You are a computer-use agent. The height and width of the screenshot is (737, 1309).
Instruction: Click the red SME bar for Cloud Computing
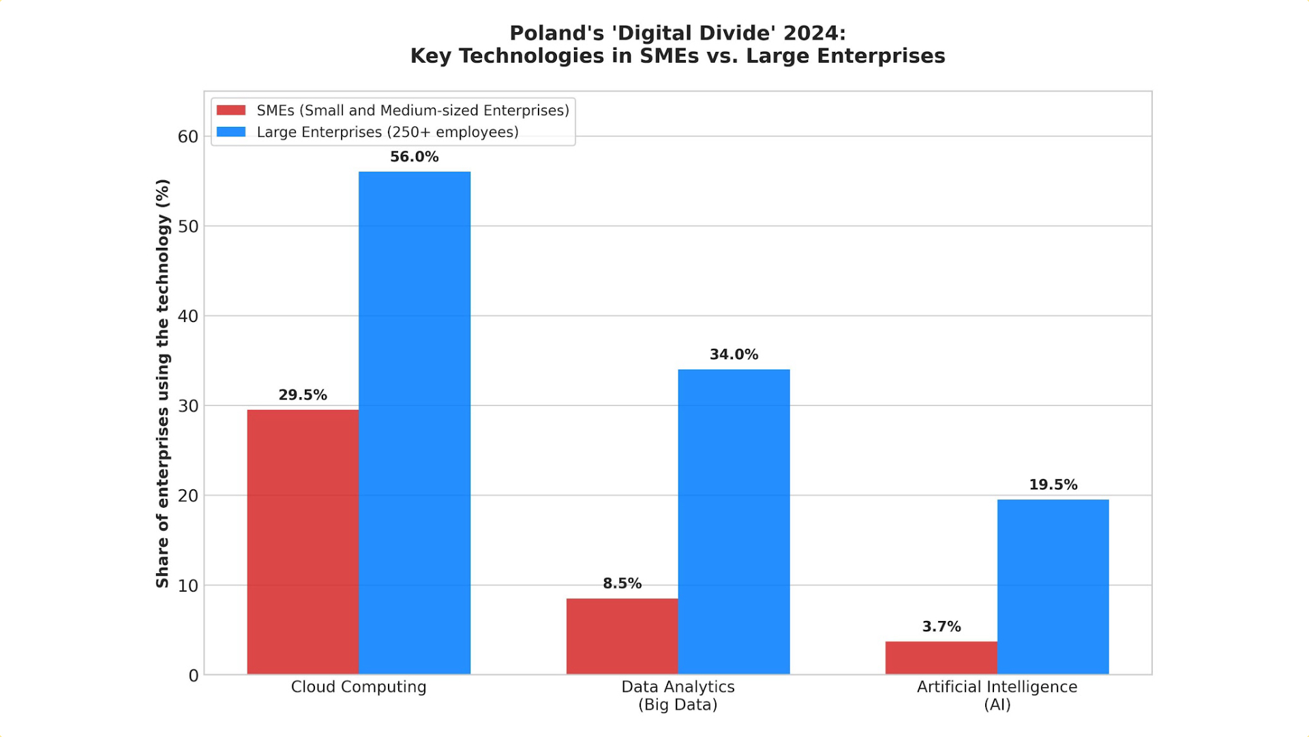[x=303, y=542]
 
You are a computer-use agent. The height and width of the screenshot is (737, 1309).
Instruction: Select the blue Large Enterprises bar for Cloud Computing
[x=415, y=423]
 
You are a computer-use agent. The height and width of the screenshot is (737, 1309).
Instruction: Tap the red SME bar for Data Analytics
[x=622, y=636]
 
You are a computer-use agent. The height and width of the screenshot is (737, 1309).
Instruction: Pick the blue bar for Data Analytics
[x=734, y=522]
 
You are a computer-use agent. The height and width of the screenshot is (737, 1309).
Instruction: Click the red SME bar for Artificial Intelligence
[x=941, y=658]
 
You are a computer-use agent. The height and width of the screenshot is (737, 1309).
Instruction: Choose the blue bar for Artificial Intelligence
[x=1053, y=587]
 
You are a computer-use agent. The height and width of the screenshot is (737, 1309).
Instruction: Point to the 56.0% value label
[x=415, y=157]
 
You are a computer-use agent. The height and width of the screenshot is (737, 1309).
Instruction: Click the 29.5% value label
[x=303, y=395]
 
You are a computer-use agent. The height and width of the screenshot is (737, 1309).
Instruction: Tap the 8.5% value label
[x=622, y=583]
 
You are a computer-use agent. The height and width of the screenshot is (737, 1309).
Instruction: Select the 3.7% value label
[x=941, y=626]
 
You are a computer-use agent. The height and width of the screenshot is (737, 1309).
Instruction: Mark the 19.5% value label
[x=1053, y=485]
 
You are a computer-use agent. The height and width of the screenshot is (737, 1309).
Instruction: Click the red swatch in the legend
[x=231, y=111]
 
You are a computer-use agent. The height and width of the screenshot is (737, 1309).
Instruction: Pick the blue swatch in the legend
[x=231, y=132]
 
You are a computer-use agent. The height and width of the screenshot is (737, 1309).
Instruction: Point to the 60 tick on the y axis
[x=188, y=137]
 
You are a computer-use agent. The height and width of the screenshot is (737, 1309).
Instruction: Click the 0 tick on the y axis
[x=194, y=676]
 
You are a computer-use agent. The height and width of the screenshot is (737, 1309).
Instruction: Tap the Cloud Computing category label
[x=359, y=687]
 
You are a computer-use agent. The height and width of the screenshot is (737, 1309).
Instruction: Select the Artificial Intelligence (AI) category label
[x=997, y=695]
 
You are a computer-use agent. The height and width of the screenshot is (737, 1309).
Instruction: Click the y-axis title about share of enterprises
[x=162, y=384]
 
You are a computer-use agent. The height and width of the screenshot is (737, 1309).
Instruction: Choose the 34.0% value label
[x=734, y=355]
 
